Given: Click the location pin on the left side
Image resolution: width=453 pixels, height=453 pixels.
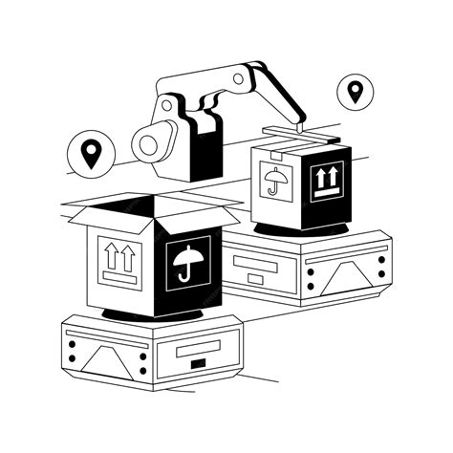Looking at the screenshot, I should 90,154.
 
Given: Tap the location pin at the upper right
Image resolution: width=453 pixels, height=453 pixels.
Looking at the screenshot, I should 356,92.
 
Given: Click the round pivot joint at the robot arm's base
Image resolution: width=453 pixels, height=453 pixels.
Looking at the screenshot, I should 149,144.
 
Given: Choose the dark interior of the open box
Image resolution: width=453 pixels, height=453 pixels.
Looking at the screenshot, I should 134,209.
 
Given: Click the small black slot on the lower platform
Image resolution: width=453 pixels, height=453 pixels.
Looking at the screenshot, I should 198,365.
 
